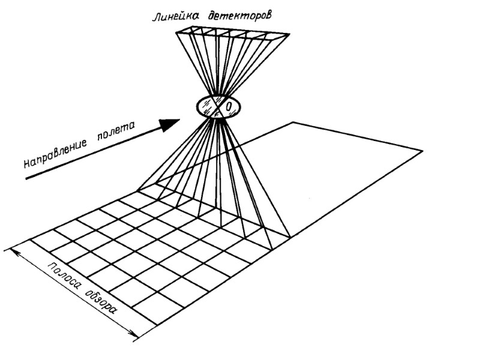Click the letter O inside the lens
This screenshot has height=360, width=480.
[229, 107]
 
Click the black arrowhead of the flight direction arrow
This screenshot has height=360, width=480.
[170, 124]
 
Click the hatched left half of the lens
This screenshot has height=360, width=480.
[208, 106]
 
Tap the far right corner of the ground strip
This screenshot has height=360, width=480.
[422, 151]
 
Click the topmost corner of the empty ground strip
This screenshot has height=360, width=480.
[293, 122]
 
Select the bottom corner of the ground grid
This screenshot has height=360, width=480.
[157, 325]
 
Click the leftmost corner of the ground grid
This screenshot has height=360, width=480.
[5, 248]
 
